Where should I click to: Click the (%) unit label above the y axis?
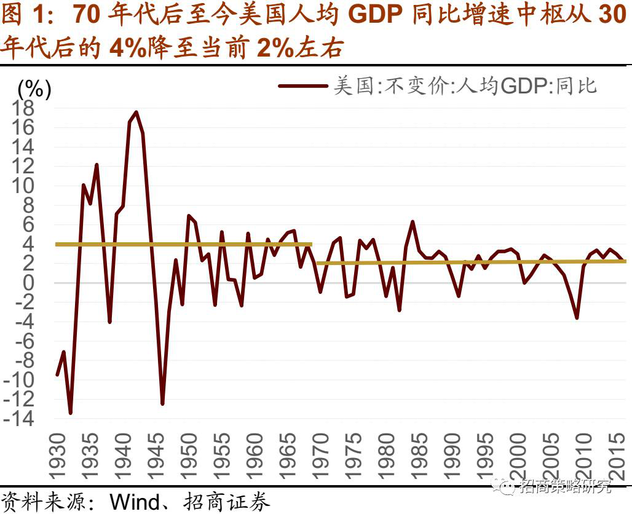click(34, 89)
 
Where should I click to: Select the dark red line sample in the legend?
click(302, 85)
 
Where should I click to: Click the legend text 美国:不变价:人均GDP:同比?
click(465, 85)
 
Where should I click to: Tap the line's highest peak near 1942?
click(136, 113)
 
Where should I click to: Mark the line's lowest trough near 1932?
click(70, 413)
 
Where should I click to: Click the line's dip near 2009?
click(577, 318)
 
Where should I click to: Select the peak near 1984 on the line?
click(413, 221)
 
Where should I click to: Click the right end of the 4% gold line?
click(311, 245)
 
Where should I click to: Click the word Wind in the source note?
click(134, 502)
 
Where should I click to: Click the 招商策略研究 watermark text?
click(566, 488)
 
